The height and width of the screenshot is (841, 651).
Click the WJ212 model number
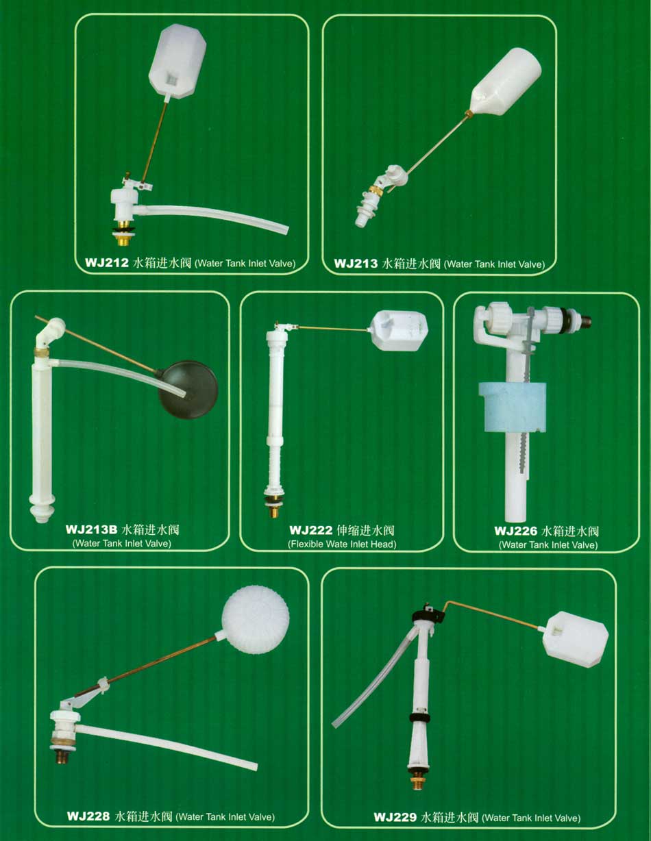pyautogui.click(x=106, y=263)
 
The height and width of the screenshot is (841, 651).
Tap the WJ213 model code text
pyautogui.click(x=356, y=264)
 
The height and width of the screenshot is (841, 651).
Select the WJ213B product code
pyautogui.click(x=91, y=529)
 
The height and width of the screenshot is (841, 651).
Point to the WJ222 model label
pyautogui.click(x=310, y=530)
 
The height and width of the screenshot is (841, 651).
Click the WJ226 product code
pyautogui.click(x=516, y=531)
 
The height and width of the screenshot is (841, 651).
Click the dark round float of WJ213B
pyautogui.click(x=188, y=389)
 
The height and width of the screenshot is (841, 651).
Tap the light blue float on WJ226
pyautogui.click(x=513, y=407)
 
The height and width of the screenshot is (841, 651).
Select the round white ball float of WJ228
pyautogui.click(x=255, y=620)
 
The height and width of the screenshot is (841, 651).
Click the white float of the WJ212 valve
pyautogui.click(x=177, y=61)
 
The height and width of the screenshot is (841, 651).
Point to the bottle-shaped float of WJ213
pyautogui.click(x=506, y=81)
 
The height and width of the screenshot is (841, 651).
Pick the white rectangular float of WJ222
pyautogui.click(x=399, y=331)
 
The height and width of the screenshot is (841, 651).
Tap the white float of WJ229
pyautogui.click(x=575, y=644)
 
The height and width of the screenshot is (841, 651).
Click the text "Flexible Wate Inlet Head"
pyautogui.click(x=342, y=544)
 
